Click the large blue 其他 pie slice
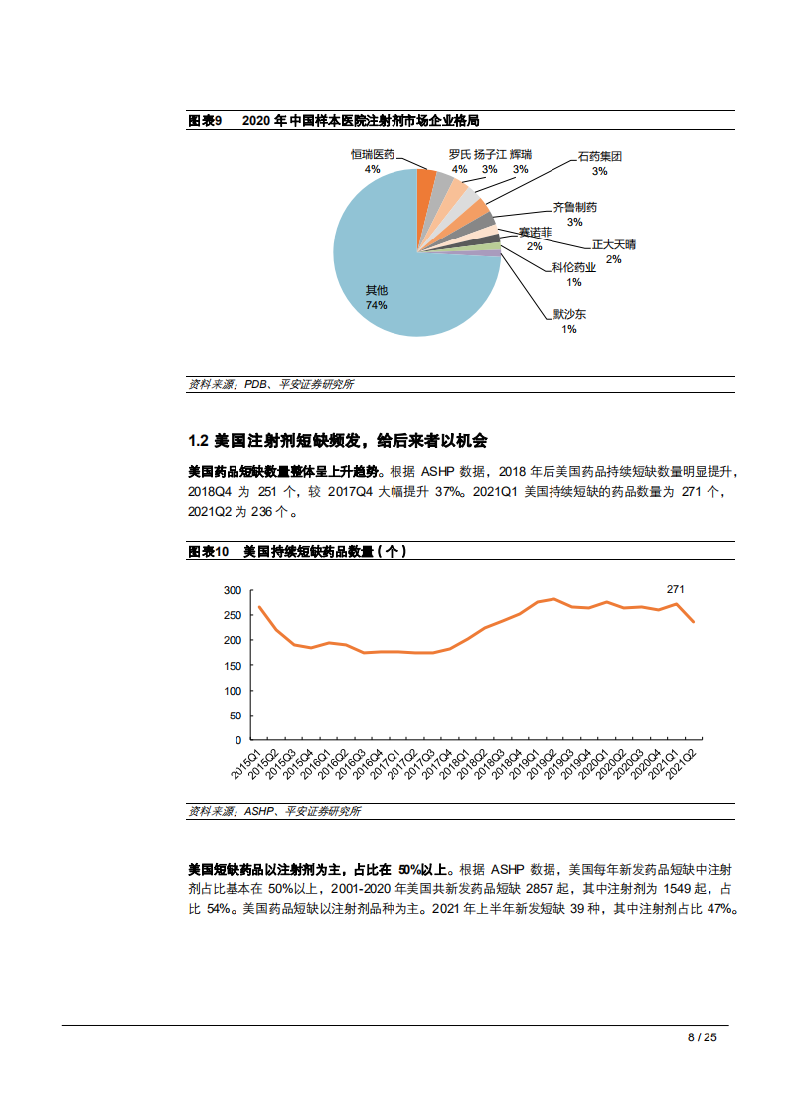click(388, 258)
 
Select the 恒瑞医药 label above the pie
click(373, 155)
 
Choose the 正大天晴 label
click(614, 244)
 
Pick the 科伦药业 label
click(573, 267)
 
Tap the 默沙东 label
click(569, 314)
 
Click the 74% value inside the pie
click(376, 305)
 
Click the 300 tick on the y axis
click(233, 590)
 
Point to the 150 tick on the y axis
click(233, 666)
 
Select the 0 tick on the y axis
click(238, 740)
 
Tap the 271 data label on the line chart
click(675, 589)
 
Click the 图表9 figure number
click(205, 120)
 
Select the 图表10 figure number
click(208, 551)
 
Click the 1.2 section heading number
click(198, 440)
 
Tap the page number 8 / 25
click(702, 1036)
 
